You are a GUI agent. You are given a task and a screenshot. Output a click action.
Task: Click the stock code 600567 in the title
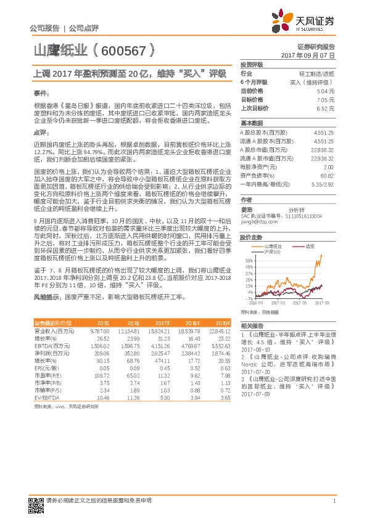tap(122, 52)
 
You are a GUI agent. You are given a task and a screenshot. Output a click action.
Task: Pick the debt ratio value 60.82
tap(327, 176)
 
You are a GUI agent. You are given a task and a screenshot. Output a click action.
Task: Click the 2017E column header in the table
tap(163, 323)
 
